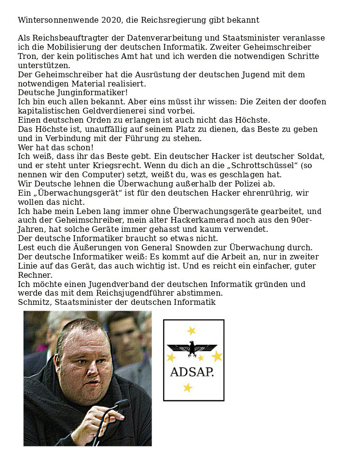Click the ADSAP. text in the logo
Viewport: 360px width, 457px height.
click(192, 372)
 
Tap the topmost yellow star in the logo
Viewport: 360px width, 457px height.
click(192, 331)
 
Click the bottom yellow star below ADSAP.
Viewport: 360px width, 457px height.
click(188, 387)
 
